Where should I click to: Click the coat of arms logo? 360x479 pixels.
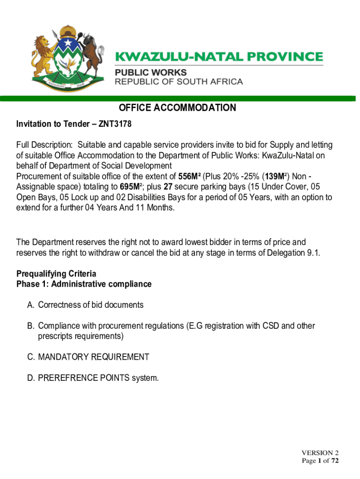click(66, 60)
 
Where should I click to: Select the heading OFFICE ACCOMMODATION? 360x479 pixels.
click(177, 108)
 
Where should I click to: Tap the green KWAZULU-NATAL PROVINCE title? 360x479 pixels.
click(219, 57)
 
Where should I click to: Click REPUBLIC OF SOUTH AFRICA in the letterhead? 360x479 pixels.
click(179, 82)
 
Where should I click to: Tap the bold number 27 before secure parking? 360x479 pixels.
click(168, 187)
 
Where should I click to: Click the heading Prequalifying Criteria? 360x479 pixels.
click(56, 274)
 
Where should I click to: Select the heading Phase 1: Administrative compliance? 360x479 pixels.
click(84, 284)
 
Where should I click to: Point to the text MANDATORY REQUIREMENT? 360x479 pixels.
click(94, 357)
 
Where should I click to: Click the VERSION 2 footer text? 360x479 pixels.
click(320, 453)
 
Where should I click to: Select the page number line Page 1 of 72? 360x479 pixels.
click(320, 461)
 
